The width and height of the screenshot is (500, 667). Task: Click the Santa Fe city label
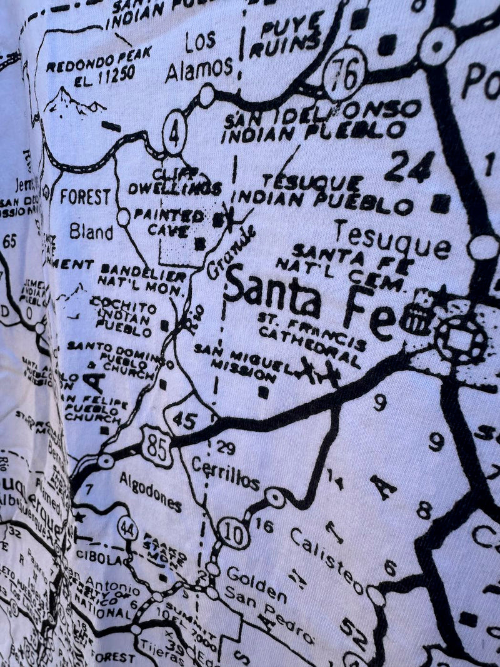309,301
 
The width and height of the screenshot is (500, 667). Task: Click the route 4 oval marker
174,133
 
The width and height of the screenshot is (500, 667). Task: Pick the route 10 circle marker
234,535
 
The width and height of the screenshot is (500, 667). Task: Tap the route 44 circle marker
127,528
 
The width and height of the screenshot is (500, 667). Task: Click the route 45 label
185,420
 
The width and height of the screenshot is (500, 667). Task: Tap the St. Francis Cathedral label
312,336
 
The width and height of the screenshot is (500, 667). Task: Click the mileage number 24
409,168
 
